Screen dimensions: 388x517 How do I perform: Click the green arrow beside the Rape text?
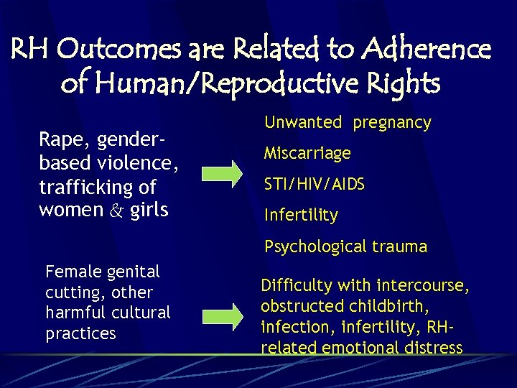click(222, 173)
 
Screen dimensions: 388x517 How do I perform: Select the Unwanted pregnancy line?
click(348, 123)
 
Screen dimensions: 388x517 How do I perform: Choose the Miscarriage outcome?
click(307, 153)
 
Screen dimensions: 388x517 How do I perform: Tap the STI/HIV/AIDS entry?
click(315, 184)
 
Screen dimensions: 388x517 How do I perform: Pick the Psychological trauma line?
click(345, 246)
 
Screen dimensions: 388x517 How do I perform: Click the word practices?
click(80, 333)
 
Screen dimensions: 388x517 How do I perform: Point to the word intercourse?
click(421, 286)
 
